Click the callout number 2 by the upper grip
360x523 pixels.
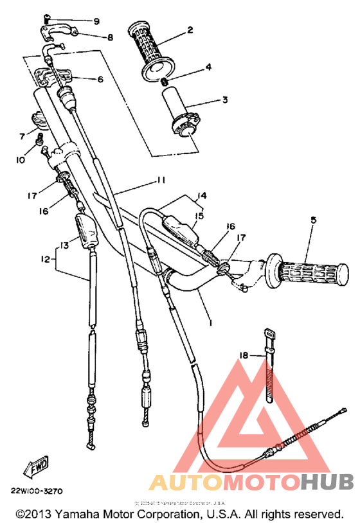190,30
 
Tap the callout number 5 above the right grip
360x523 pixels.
312,220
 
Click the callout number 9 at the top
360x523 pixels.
96,21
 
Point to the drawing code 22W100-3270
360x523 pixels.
36,492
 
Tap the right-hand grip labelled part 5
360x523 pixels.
310,272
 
